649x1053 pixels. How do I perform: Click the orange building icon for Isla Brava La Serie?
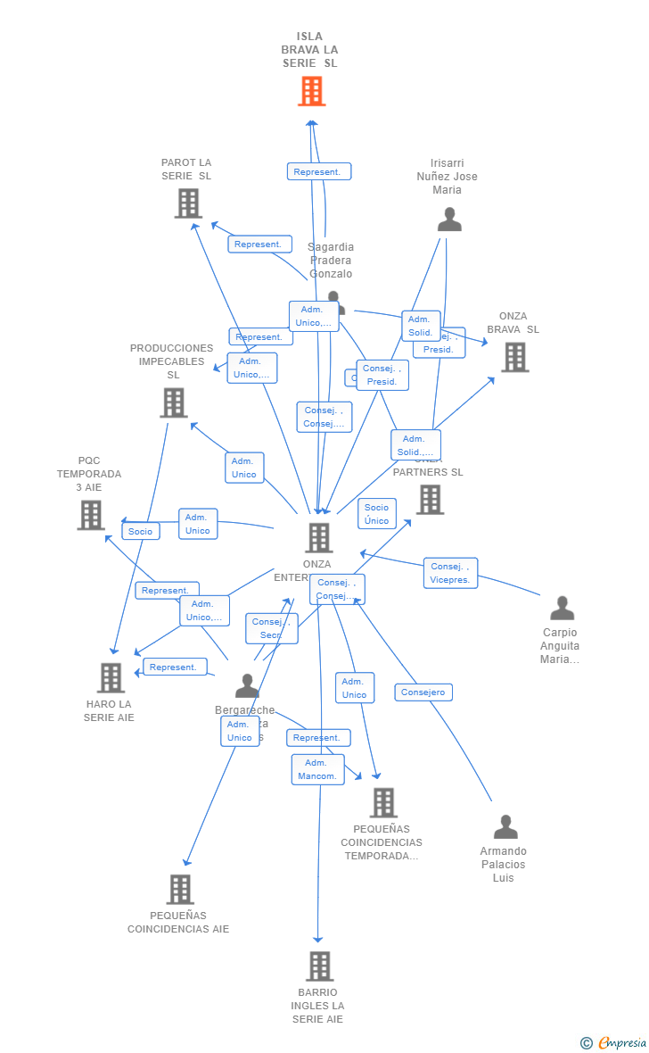click(x=311, y=91)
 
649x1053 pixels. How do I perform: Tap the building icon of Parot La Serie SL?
click(x=188, y=203)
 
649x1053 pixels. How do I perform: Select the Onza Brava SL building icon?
click(x=514, y=357)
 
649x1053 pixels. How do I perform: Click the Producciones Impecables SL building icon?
click(x=173, y=402)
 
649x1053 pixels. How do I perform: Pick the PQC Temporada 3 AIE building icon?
click(x=91, y=515)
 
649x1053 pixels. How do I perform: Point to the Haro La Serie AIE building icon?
click(x=111, y=677)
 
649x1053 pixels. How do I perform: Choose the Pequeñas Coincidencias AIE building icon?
click(x=180, y=889)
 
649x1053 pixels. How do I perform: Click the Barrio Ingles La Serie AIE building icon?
click(x=319, y=966)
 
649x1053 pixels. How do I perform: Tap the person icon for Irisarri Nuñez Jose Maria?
click(x=449, y=220)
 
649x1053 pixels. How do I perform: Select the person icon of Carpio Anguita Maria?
click(x=562, y=609)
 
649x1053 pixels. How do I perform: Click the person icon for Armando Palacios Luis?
click(x=505, y=827)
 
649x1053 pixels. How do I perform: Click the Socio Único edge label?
click(x=376, y=514)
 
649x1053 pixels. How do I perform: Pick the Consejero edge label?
click(x=423, y=692)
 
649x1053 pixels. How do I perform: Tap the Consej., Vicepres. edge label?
click(x=450, y=573)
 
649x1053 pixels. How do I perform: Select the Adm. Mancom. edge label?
click(x=317, y=769)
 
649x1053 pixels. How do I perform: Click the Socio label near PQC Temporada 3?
click(x=140, y=531)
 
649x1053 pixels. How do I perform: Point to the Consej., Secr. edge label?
click(x=271, y=628)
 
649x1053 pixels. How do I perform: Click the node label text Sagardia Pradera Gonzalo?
click(x=331, y=261)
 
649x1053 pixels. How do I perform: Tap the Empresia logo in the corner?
click(x=614, y=1042)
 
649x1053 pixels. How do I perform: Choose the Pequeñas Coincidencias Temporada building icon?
click(x=383, y=802)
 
